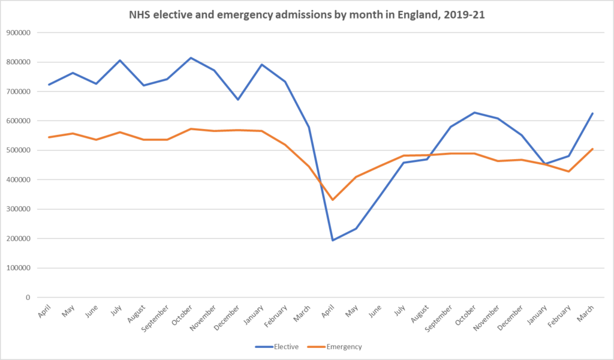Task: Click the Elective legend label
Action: coord(287,346)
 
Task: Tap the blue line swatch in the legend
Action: coord(264,346)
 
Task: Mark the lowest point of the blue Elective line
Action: coord(333,240)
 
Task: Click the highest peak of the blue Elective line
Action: coord(191,58)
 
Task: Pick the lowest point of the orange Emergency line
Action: coord(333,200)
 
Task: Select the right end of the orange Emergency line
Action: coord(593,149)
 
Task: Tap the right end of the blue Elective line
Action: coord(593,113)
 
